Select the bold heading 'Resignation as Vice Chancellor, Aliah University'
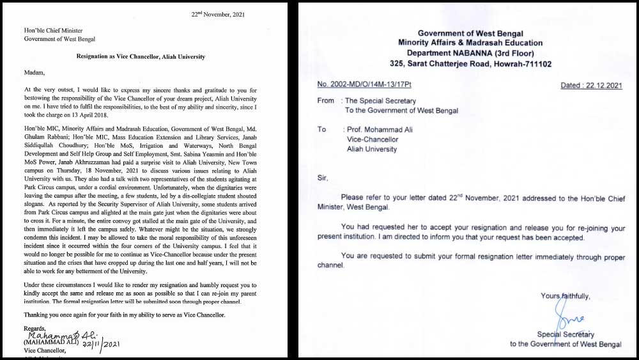(141, 57)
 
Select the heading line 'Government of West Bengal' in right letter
(471, 33)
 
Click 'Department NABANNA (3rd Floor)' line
(470, 54)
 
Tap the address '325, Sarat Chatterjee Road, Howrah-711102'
(471, 64)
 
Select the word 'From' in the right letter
(326, 100)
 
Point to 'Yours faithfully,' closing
(565, 296)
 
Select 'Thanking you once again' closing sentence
(133, 315)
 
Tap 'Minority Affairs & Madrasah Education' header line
(471, 43)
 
